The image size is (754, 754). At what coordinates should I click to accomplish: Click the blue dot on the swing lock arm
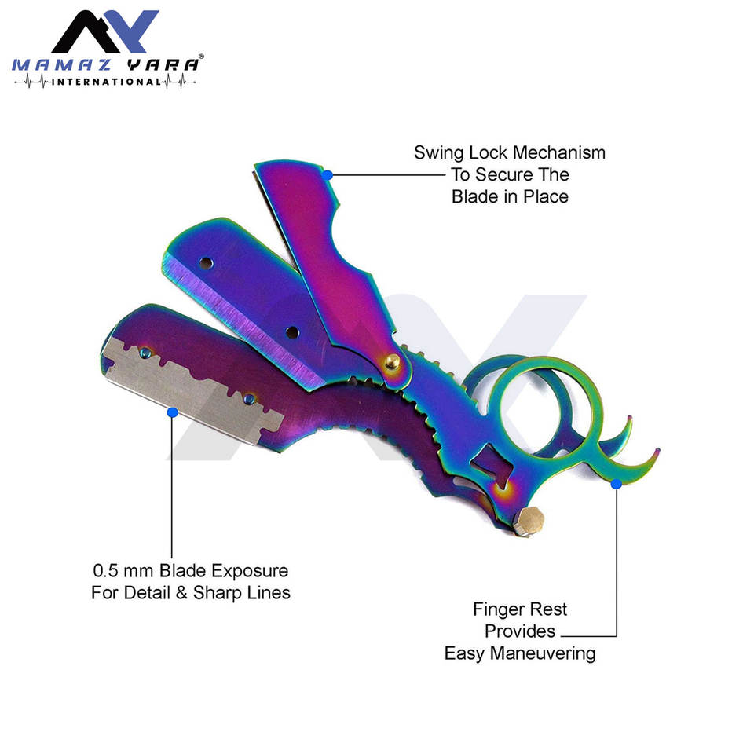(328, 174)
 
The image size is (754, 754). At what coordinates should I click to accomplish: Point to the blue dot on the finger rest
(617, 484)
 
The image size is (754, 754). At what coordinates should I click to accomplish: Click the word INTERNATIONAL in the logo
(105, 81)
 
